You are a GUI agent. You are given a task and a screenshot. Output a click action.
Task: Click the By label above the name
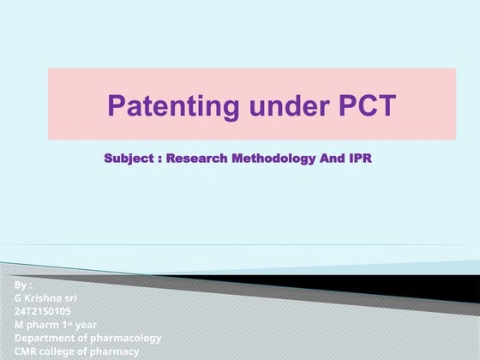[x=23, y=284]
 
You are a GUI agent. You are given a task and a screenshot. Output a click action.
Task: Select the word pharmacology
[x=129, y=338]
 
